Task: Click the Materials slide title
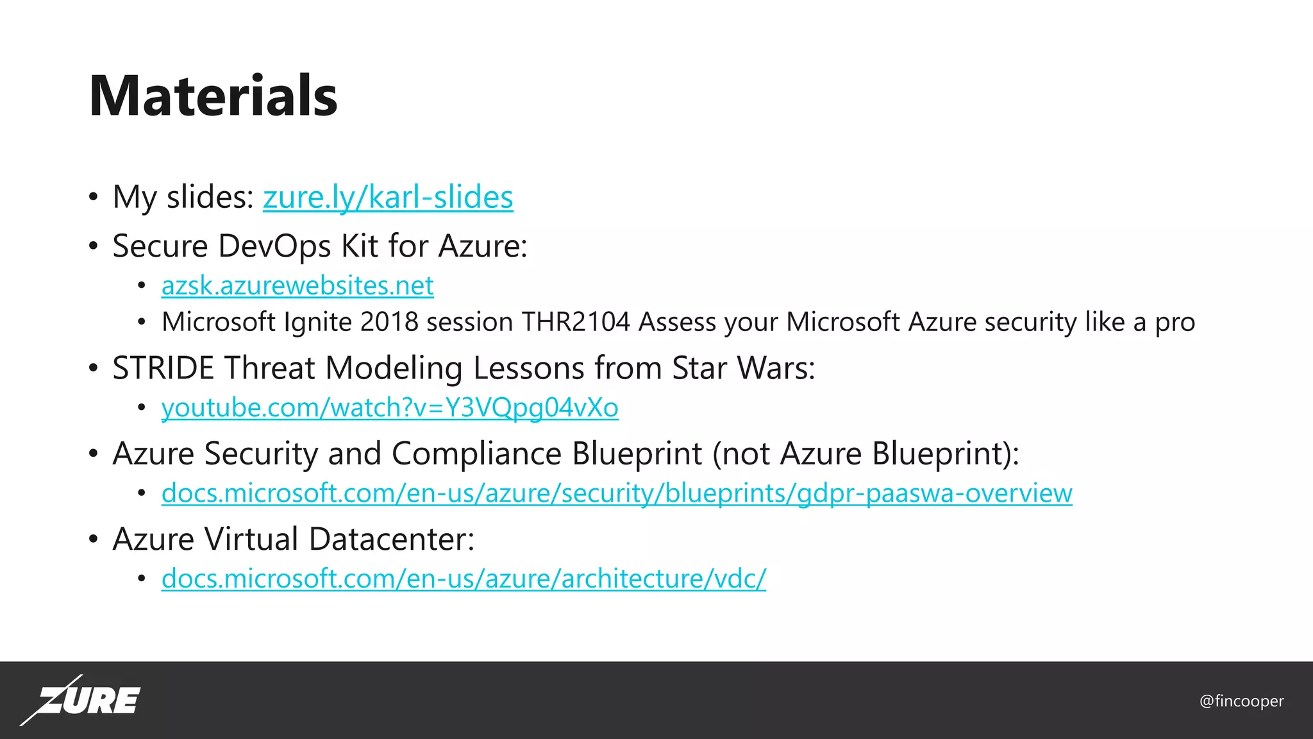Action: point(213,96)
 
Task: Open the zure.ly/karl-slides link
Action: point(388,197)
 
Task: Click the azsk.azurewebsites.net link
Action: point(297,285)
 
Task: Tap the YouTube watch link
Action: point(390,407)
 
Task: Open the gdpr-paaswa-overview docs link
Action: point(617,493)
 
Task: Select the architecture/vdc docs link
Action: point(464,578)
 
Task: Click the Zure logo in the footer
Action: point(81,700)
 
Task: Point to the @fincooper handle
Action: point(1241,701)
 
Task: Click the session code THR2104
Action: point(576,322)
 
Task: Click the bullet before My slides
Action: point(94,197)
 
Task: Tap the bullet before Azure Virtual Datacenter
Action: point(94,539)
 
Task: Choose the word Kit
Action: point(360,246)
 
